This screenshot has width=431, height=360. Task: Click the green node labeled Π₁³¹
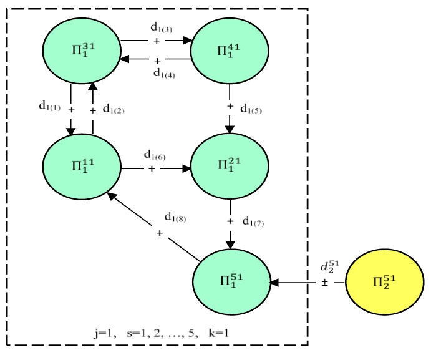pyautogui.click(x=81, y=50)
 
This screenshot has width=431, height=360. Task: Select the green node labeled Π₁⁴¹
pyautogui.click(x=229, y=50)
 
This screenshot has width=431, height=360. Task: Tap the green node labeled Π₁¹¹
pyautogui.click(x=81, y=165)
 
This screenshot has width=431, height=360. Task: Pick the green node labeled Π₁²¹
pyautogui.click(x=229, y=165)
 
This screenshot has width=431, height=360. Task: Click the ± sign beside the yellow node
pyautogui.click(x=325, y=282)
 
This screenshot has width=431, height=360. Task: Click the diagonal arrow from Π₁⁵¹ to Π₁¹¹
pyautogui.click(x=153, y=226)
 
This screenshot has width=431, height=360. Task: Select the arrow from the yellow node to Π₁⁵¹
pyautogui.click(x=306, y=283)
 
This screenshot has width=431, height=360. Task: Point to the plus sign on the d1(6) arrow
pyautogui.click(x=152, y=168)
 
